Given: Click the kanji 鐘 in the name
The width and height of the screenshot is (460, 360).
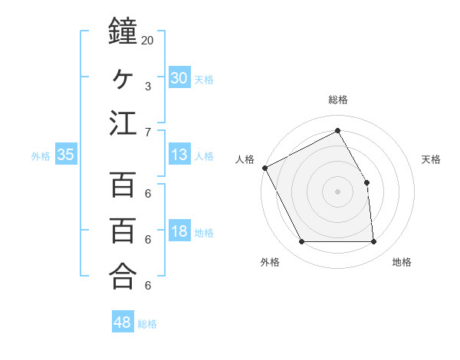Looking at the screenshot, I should (123, 32).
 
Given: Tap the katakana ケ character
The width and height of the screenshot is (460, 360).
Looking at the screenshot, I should (123, 77).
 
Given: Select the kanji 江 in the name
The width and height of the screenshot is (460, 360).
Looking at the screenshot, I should (123, 123).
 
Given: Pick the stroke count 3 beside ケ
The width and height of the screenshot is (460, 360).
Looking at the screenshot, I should (148, 86).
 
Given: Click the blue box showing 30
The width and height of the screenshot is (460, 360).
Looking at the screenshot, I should (179, 78).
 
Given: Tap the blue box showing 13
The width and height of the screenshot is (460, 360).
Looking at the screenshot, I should (179, 155).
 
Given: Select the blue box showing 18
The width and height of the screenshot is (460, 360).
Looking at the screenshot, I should (179, 231).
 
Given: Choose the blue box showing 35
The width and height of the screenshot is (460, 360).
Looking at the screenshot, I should (66, 155).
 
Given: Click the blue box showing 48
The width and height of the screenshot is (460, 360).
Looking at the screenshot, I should (123, 322).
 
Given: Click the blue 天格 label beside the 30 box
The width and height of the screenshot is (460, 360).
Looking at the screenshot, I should (204, 80).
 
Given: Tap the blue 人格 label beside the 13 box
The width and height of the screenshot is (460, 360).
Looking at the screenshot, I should (204, 156).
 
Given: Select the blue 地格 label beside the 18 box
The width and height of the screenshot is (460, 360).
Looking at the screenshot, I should (204, 233).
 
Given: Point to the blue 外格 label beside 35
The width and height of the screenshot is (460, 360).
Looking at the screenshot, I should (41, 156).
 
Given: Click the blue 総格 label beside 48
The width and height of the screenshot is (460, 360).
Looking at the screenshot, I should (147, 324).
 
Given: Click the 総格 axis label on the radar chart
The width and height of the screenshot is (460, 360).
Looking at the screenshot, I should (337, 100).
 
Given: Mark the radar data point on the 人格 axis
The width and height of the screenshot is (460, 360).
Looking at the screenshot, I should (264, 168).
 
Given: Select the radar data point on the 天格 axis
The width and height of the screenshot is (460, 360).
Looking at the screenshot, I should (366, 182).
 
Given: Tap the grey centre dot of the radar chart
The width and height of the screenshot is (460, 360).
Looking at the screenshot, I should (337, 191).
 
